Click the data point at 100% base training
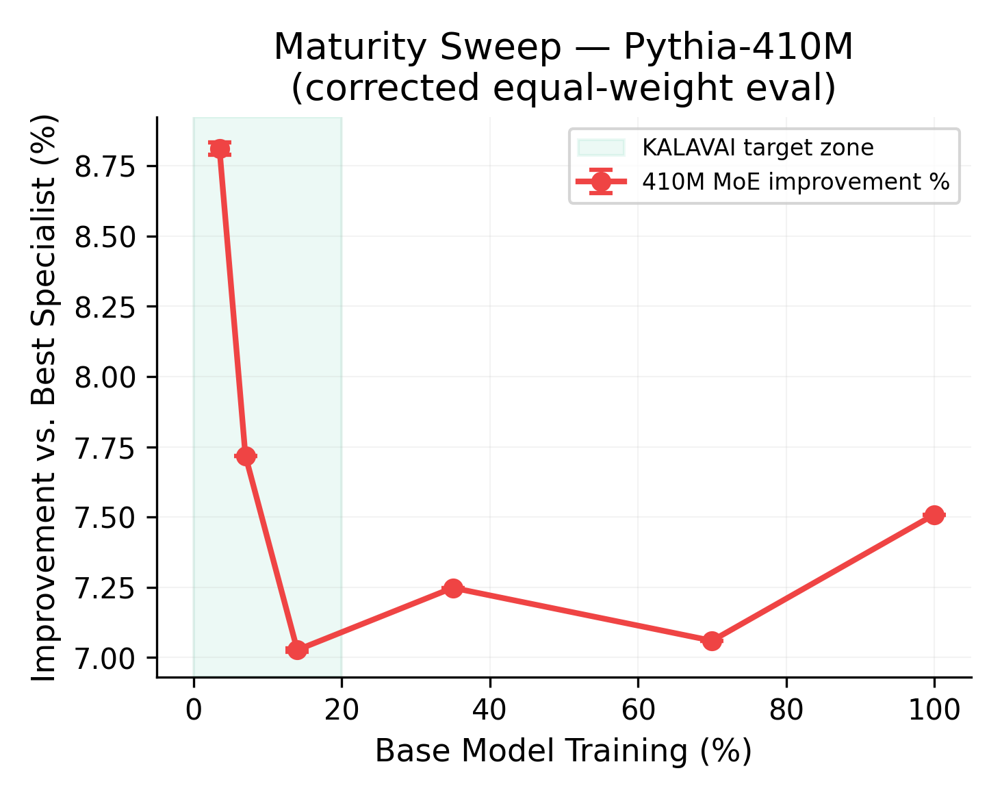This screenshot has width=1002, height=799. coord(934,515)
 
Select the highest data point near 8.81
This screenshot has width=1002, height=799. coord(220,149)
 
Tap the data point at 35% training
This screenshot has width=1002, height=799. coord(453,588)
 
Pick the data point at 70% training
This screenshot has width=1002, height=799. coord(712,641)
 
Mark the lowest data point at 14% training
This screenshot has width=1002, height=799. coord(297,650)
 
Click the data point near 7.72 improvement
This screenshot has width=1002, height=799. coord(246,456)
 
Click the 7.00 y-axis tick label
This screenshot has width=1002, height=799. coord(105,658)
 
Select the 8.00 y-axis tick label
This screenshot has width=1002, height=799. coord(105,377)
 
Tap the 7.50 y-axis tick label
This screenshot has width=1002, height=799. coord(105,518)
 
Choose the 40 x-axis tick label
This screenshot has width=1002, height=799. coord(489,710)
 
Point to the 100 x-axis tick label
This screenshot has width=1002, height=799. coord(934,710)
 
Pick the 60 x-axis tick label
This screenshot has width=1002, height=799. coord(638,710)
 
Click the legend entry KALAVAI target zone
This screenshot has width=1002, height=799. coord(757,148)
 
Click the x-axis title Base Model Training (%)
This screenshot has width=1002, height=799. coord(563,751)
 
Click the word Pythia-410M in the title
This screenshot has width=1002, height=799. coord(738,48)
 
